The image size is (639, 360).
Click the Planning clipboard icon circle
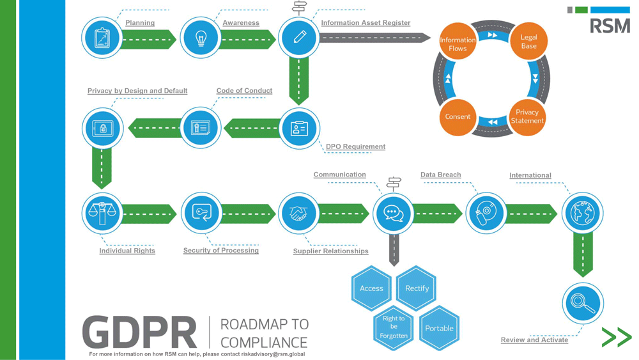(102, 38)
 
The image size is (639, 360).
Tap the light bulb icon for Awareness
(201, 38)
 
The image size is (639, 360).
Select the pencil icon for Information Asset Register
(299, 37)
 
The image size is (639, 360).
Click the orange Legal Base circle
(528, 42)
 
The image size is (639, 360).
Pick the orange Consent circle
(458, 117)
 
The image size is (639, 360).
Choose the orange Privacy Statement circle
(527, 116)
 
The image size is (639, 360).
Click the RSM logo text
(610, 26)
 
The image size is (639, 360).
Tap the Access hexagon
(371, 288)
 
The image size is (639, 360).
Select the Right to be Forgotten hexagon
(394, 327)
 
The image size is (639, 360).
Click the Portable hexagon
(439, 328)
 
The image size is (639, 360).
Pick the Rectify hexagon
(417, 288)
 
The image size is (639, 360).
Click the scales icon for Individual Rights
(102, 213)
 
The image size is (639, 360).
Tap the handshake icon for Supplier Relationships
(298, 213)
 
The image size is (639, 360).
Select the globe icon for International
(582, 213)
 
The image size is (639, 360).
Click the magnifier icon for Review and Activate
(582, 303)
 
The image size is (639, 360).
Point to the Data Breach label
(440, 175)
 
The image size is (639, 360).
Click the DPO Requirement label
(355, 146)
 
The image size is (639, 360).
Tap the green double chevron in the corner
(616, 337)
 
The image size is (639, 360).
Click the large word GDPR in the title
(139, 333)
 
